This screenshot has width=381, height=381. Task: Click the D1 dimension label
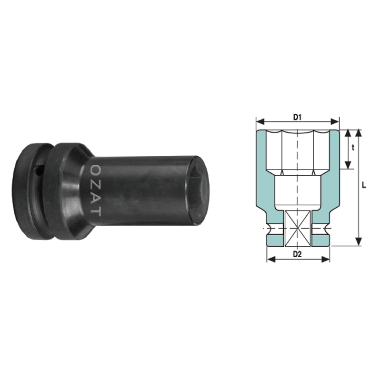297,117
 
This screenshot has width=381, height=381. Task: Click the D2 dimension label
297,254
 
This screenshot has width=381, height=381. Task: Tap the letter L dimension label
364,185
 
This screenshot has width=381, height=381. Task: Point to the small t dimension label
353,148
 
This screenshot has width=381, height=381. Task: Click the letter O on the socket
97,170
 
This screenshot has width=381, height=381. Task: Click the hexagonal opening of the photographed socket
198,190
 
